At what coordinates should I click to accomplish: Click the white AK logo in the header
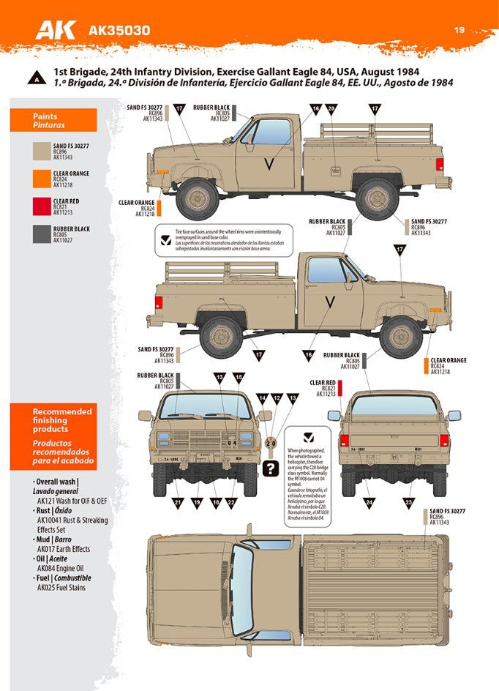pos(58,29)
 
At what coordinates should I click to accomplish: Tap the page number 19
pos(459,30)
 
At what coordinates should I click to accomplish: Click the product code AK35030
pos(119,31)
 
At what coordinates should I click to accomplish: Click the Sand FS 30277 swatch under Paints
pos(40,152)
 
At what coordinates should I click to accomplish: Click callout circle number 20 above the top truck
pos(331,109)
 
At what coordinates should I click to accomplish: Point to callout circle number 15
pos(239,377)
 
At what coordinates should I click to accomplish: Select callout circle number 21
pos(177,502)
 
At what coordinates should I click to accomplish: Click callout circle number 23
pos(408,502)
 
